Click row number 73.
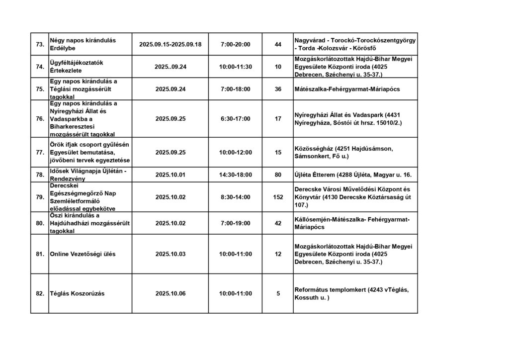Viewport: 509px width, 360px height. point(40,45)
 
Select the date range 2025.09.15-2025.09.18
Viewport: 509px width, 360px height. point(170,45)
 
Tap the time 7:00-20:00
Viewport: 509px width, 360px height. point(235,45)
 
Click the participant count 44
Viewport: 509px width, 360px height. point(278,45)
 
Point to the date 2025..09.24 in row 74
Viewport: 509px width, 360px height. point(170,67)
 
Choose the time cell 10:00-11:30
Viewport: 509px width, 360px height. point(235,67)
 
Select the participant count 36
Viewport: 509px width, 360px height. point(278,90)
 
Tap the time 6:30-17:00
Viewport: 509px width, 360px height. point(235,119)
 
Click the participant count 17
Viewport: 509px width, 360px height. point(278,119)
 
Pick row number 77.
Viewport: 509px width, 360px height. point(40,152)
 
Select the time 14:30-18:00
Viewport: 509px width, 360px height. point(235,175)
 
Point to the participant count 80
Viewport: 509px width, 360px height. point(278,175)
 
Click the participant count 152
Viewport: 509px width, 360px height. point(278,197)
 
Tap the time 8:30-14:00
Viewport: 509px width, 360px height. point(235,197)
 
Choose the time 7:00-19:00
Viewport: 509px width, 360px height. point(235,223)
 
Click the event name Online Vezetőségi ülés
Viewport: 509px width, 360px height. point(83,254)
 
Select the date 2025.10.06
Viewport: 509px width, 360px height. point(170,293)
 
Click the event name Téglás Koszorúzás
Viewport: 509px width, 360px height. point(77,293)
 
